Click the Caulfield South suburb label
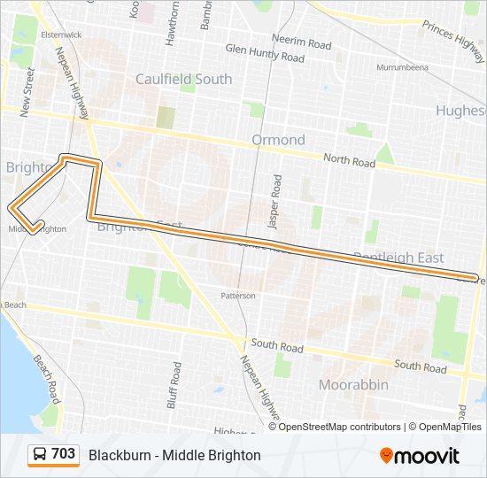click(x=183, y=79)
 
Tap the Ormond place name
click(x=278, y=140)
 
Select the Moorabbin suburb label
click(x=352, y=385)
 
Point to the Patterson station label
click(x=238, y=296)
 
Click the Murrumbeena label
click(x=402, y=67)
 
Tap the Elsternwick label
click(x=36, y=35)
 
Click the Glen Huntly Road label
click(x=265, y=58)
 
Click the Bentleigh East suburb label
click(x=398, y=258)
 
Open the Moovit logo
click(x=419, y=456)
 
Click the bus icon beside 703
click(x=40, y=454)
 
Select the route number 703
click(x=63, y=454)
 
